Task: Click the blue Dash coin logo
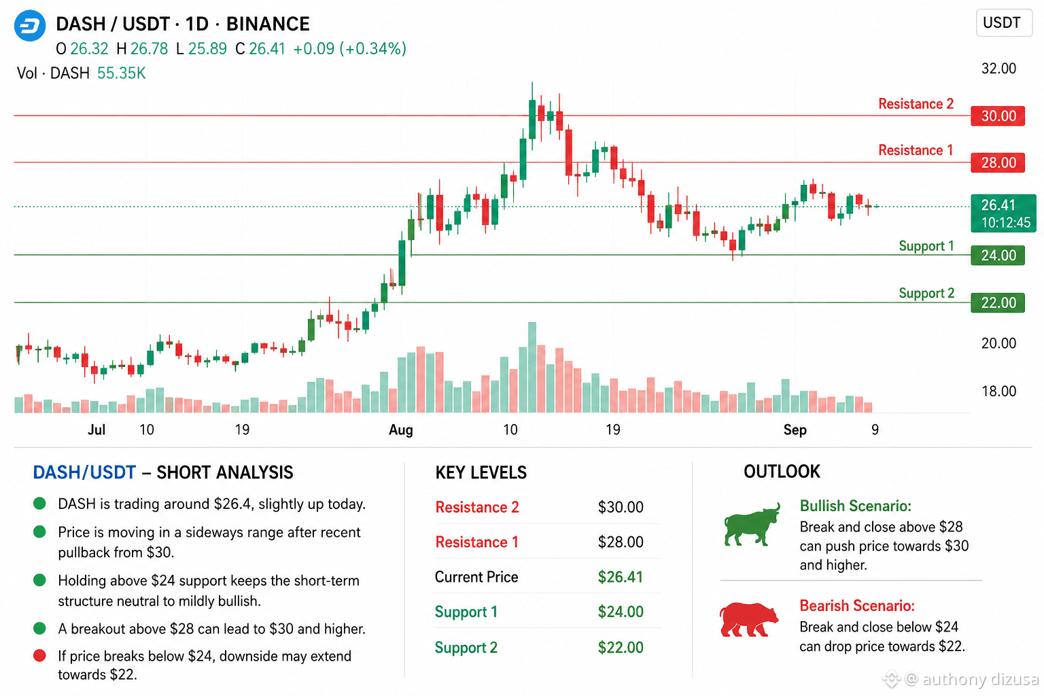pyautogui.click(x=30, y=25)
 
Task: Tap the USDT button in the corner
pyautogui.click(x=1003, y=22)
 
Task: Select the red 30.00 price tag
pyautogui.click(x=998, y=116)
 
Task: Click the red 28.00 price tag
pyautogui.click(x=998, y=162)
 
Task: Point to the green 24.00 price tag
pyautogui.click(x=998, y=256)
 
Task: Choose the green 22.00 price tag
pyautogui.click(x=998, y=303)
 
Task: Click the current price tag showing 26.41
pyautogui.click(x=1003, y=213)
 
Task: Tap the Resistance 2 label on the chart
pyautogui.click(x=916, y=103)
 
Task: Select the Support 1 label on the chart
pyautogui.click(x=926, y=245)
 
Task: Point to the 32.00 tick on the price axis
pyautogui.click(x=998, y=69)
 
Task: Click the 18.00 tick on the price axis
pyautogui.click(x=998, y=391)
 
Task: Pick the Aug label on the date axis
pyautogui.click(x=401, y=430)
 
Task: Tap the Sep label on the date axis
pyautogui.click(x=795, y=430)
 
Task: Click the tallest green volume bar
pyautogui.click(x=532, y=367)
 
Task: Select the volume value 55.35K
pyautogui.click(x=121, y=73)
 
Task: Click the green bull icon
pyautogui.click(x=752, y=525)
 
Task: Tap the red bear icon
pyautogui.click(x=748, y=620)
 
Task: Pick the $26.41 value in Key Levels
pyautogui.click(x=621, y=577)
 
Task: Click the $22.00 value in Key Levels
pyautogui.click(x=621, y=648)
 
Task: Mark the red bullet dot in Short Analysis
pyautogui.click(x=39, y=656)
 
